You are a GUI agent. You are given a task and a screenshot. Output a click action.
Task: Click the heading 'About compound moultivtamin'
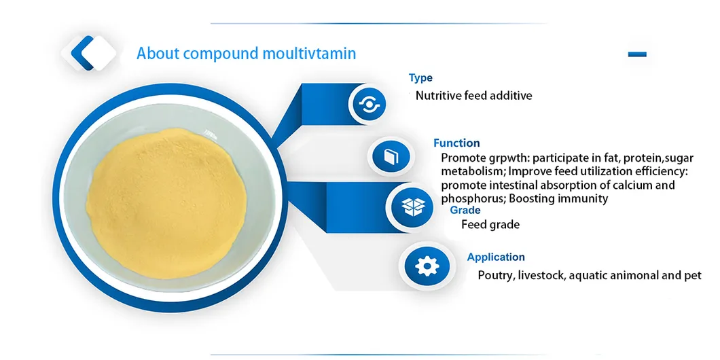tap(246, 53)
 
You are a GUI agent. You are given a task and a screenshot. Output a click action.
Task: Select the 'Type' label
tap(420, 78)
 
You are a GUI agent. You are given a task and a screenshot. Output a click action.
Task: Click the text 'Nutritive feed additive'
tap(473, 96)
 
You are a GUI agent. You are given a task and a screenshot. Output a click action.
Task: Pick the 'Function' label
tap(456, 143)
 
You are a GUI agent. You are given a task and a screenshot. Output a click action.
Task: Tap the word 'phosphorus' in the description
tap(471, 198)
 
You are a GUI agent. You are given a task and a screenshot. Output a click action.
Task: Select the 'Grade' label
tap(465, 211)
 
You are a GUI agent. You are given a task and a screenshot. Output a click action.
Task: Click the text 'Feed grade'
tap(490, 224)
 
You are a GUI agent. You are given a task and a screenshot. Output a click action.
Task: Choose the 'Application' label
tap(496, 257)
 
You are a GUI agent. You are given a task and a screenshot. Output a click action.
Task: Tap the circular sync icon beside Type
tap(372, 104)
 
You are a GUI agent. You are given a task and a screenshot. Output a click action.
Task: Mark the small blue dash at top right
tap(637, 54)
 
